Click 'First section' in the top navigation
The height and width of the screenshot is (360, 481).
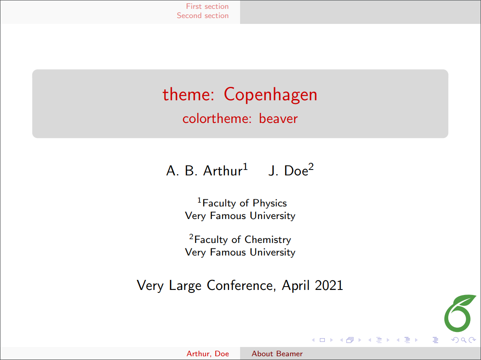coord(207,6)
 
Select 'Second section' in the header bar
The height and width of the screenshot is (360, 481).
coord(203,16)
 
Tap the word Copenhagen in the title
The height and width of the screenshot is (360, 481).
coord(271,95)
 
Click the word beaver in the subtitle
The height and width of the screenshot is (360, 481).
coord(278,119)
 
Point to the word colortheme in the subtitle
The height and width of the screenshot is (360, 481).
coord(215,119)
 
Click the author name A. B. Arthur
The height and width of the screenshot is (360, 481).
coord(204,171)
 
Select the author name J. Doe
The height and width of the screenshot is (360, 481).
coord(288,171)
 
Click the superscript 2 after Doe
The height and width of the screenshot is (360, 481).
coord(311,167)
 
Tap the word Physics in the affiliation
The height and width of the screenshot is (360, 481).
coord(269,203)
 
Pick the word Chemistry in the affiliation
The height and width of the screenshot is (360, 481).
coord(268,240)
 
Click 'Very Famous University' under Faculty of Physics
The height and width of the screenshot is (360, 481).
coord(240,216)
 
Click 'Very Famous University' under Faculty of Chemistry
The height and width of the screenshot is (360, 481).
coord(240,252)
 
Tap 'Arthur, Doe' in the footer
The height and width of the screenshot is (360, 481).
coord(208,354)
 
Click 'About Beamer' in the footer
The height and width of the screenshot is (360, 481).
coord(277,354)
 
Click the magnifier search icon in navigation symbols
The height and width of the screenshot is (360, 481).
coord(464,340)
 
